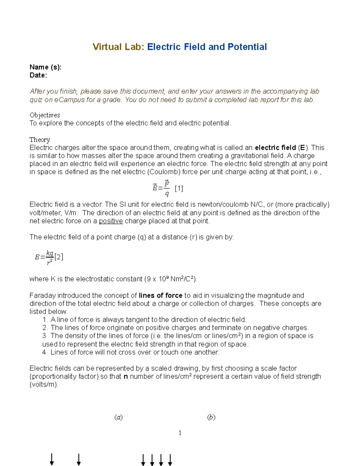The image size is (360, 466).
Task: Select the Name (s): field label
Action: (45, 67)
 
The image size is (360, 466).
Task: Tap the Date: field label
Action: (38, 75)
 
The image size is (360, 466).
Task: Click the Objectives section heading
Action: (45, 115)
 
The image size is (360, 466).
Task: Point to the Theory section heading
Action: (40, 140)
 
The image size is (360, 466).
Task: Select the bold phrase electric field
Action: (275, 148)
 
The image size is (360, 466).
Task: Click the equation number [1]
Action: (179, 188)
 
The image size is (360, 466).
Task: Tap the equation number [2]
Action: (59, 257)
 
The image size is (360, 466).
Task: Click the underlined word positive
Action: (111, 221)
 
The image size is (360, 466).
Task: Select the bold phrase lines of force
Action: (160, 295)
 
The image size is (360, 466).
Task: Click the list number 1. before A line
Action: (45, 320)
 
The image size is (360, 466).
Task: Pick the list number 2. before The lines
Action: (45, 328)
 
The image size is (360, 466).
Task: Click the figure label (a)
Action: (118, 417)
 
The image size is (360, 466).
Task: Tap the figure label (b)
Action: (211, 417)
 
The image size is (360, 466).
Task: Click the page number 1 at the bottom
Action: (180, 433)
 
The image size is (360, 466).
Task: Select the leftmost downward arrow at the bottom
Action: (52, 459)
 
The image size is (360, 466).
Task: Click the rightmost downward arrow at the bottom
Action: (170, 459)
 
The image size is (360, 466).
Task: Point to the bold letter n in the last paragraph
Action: (126, 376)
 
